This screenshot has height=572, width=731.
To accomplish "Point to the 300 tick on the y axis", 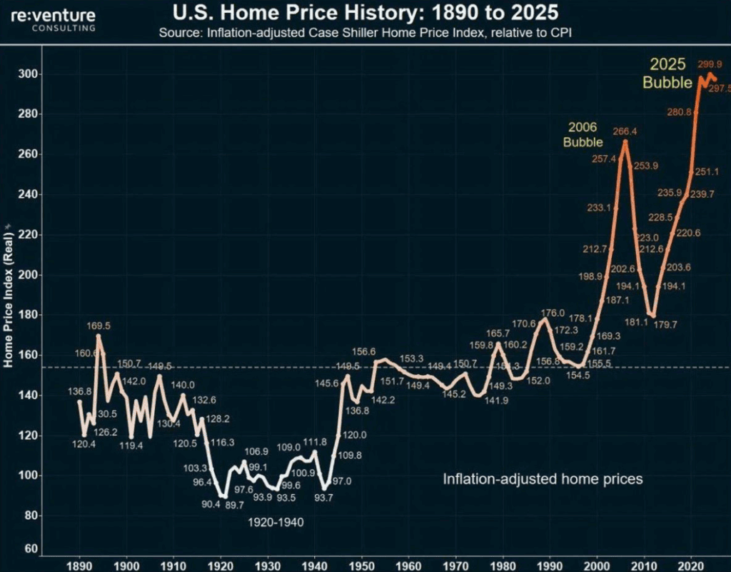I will (x=29, y=74).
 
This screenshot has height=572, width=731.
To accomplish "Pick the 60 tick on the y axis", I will (x=31, y=549).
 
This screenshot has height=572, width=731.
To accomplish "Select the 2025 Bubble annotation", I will (x=667, y=73).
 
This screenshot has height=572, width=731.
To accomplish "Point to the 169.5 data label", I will (x=99, y=326).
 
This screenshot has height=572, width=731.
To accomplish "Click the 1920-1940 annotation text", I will (x=276, y=522).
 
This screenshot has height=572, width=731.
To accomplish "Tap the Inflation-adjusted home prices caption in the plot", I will (x=543, y=479).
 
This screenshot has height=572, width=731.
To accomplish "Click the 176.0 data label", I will (x=553, y=313).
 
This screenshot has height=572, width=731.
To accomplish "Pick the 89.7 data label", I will (x=235, y=505).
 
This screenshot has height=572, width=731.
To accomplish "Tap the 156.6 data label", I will (x=364, y=351).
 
